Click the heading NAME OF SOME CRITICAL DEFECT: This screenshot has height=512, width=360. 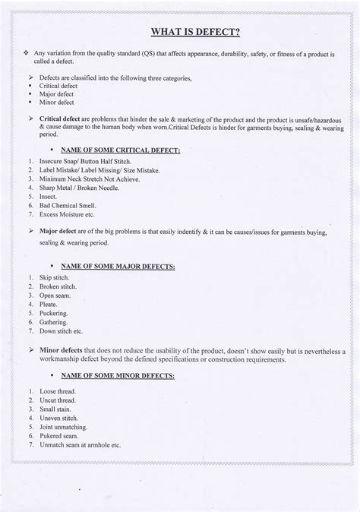coord(125,150)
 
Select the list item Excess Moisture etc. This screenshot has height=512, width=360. coord(70,216)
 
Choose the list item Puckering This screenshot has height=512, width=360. coord(53,312)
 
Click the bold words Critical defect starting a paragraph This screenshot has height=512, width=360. coord(63,120)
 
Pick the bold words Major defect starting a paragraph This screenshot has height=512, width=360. coord(60,231)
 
